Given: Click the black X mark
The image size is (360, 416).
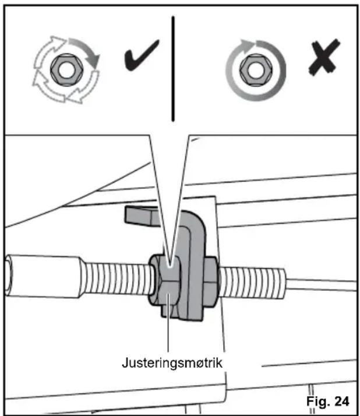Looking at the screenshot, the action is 324,57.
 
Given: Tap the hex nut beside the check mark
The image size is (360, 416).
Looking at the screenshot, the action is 66,70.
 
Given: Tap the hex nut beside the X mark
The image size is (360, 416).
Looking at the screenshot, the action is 256,70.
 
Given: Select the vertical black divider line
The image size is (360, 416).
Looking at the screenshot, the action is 173,69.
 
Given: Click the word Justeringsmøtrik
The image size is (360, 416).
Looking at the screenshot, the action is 172,362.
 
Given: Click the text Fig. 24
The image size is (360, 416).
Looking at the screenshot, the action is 327,401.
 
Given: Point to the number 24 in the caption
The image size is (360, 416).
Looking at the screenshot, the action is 342,401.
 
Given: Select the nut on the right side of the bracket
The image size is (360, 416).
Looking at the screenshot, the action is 210,282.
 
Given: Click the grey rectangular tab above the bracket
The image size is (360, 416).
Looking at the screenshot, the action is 142,216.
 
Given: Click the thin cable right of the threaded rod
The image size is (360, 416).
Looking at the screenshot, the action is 322,285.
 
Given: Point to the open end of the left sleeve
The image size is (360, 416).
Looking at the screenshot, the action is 9,274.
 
